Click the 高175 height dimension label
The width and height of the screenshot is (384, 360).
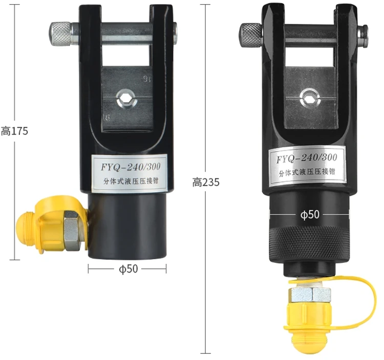[14, 131]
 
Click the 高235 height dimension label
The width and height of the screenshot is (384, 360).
[206, 183]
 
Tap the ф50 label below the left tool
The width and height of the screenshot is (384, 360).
[129, 269]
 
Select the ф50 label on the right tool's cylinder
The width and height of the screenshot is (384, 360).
[310, 214]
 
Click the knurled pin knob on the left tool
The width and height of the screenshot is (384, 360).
[60, 34]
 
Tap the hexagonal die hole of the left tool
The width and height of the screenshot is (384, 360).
[126, 98]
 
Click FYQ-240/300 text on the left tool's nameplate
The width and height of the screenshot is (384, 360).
[131, 167]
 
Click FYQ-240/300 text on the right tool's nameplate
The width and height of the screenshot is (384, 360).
[307, 158]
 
